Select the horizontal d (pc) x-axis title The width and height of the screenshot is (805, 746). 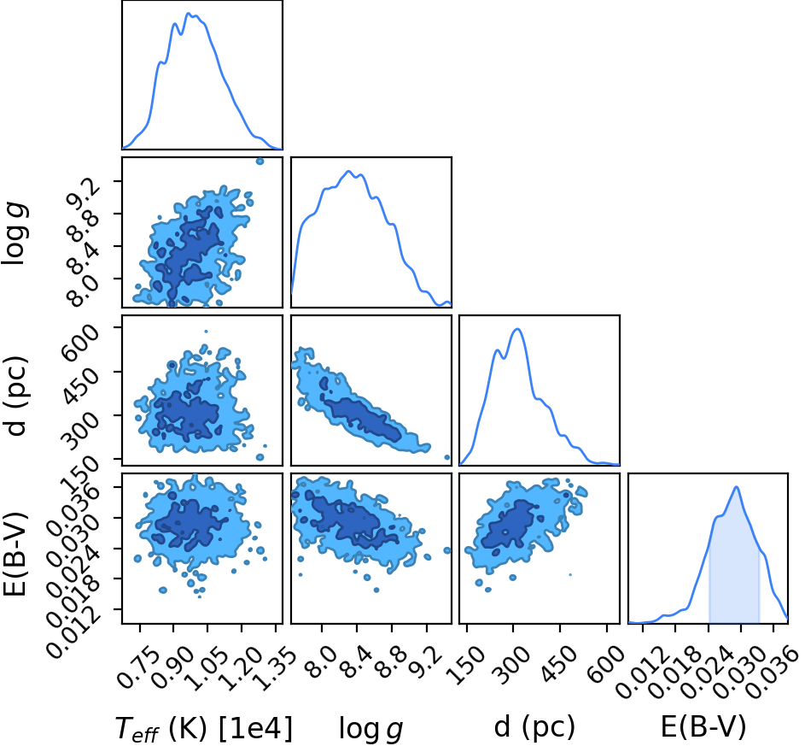(x=534, y=727)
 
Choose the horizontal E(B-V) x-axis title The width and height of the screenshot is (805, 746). (x=703, y=727)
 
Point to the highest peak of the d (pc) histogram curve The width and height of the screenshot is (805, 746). (x=517, y=329)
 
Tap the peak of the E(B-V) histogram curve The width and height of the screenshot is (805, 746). (x=736, y=487)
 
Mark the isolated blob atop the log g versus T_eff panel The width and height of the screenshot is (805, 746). (x=260, y=162)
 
